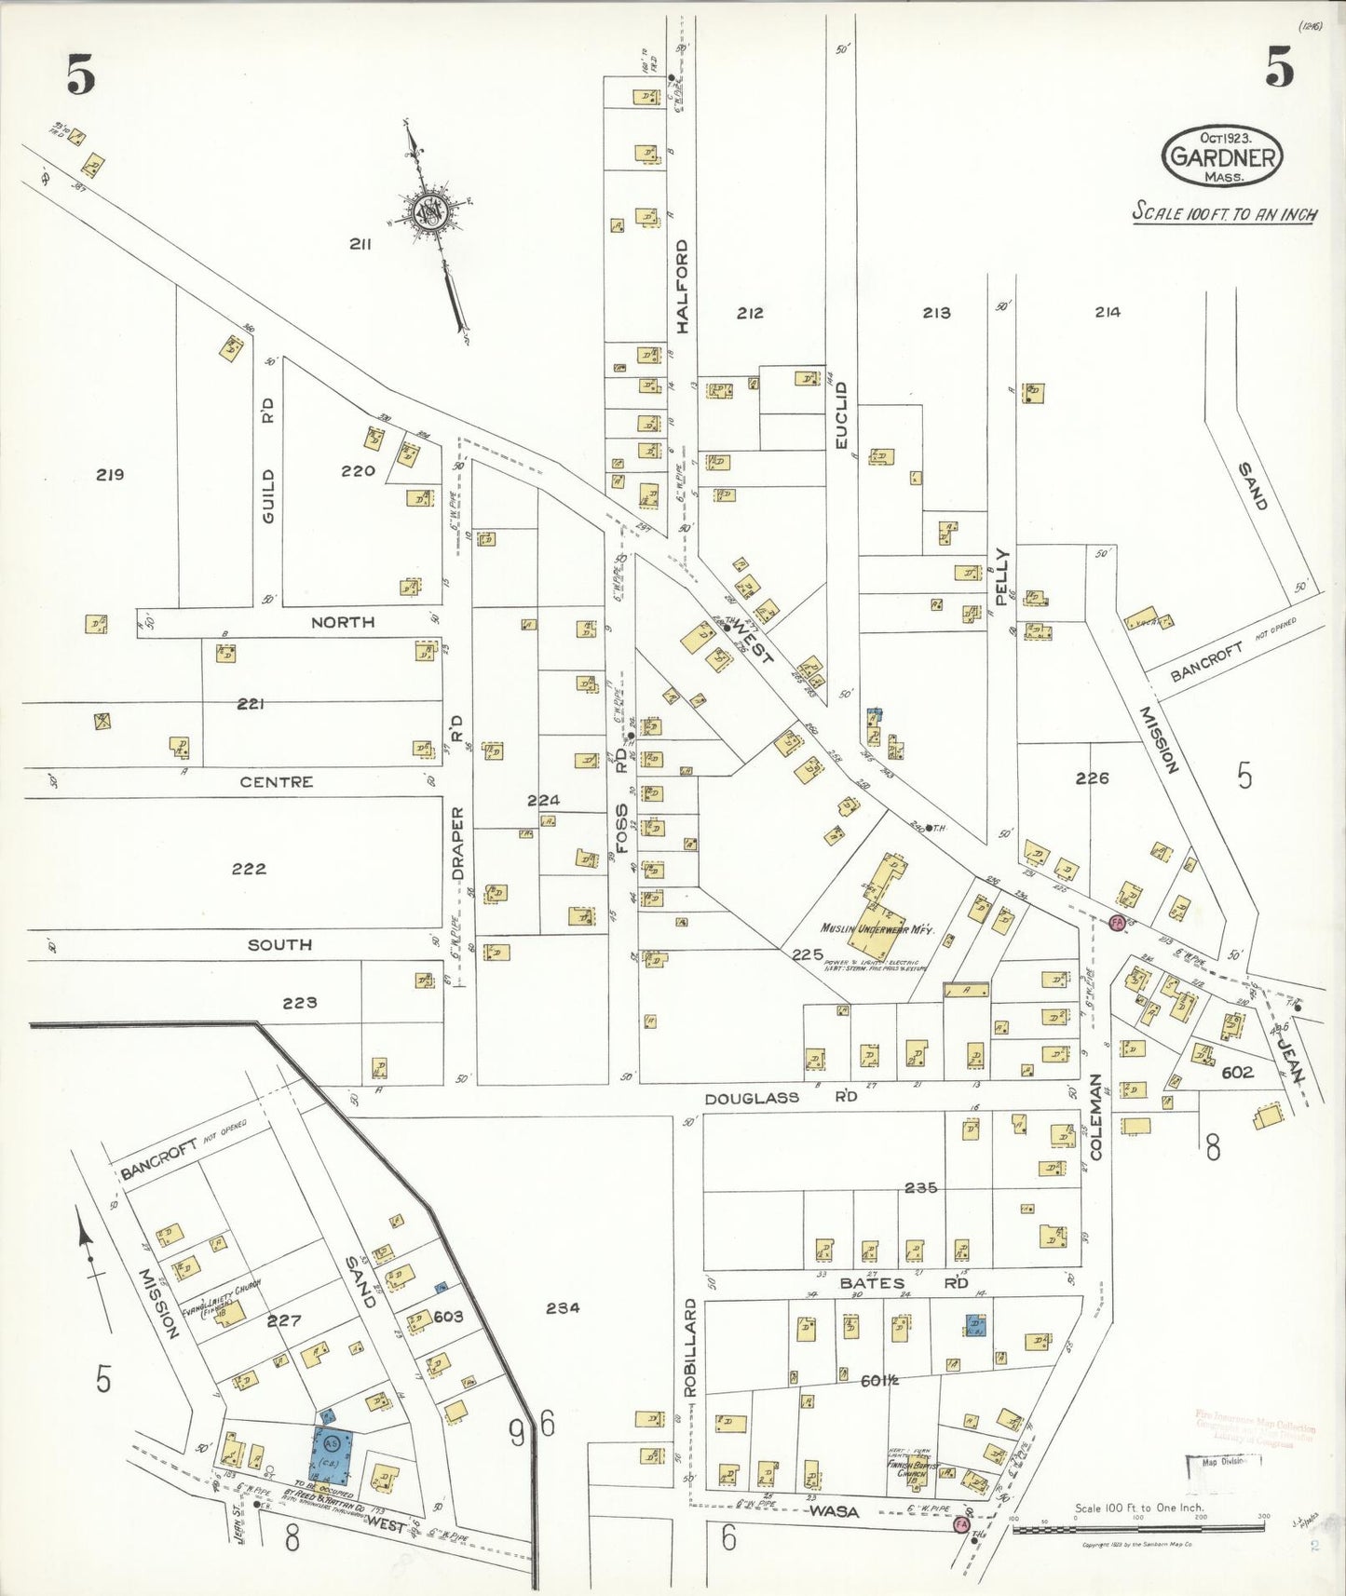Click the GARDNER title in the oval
pyautogui.click(x=1221, y=156)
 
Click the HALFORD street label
pyautogui.click(x=682, y=287)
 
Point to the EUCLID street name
pyautogui.click(x=841, y=415)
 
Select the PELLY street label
pyautogui.click(x=1002, y=577)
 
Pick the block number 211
pyautogui.click(x=360, y=244)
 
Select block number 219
pyautogui.click(x=110, y=475)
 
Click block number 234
pyautogui.click(x=563, y=1307)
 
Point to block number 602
pyautogui.click(x=1237, y=1072)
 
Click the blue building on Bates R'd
pyautogui.click(x=975, y=1326)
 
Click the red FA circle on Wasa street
pyautogui.click(x=961, y=1524)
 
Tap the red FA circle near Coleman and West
pyautogui.click(x=1115, y=923)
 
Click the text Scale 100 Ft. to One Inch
pyautogui.click(x=1138, y=1508)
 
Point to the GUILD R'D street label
pyautogui.click(x=267, y=456)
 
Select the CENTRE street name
pyautogui.click(x=276, y=782)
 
